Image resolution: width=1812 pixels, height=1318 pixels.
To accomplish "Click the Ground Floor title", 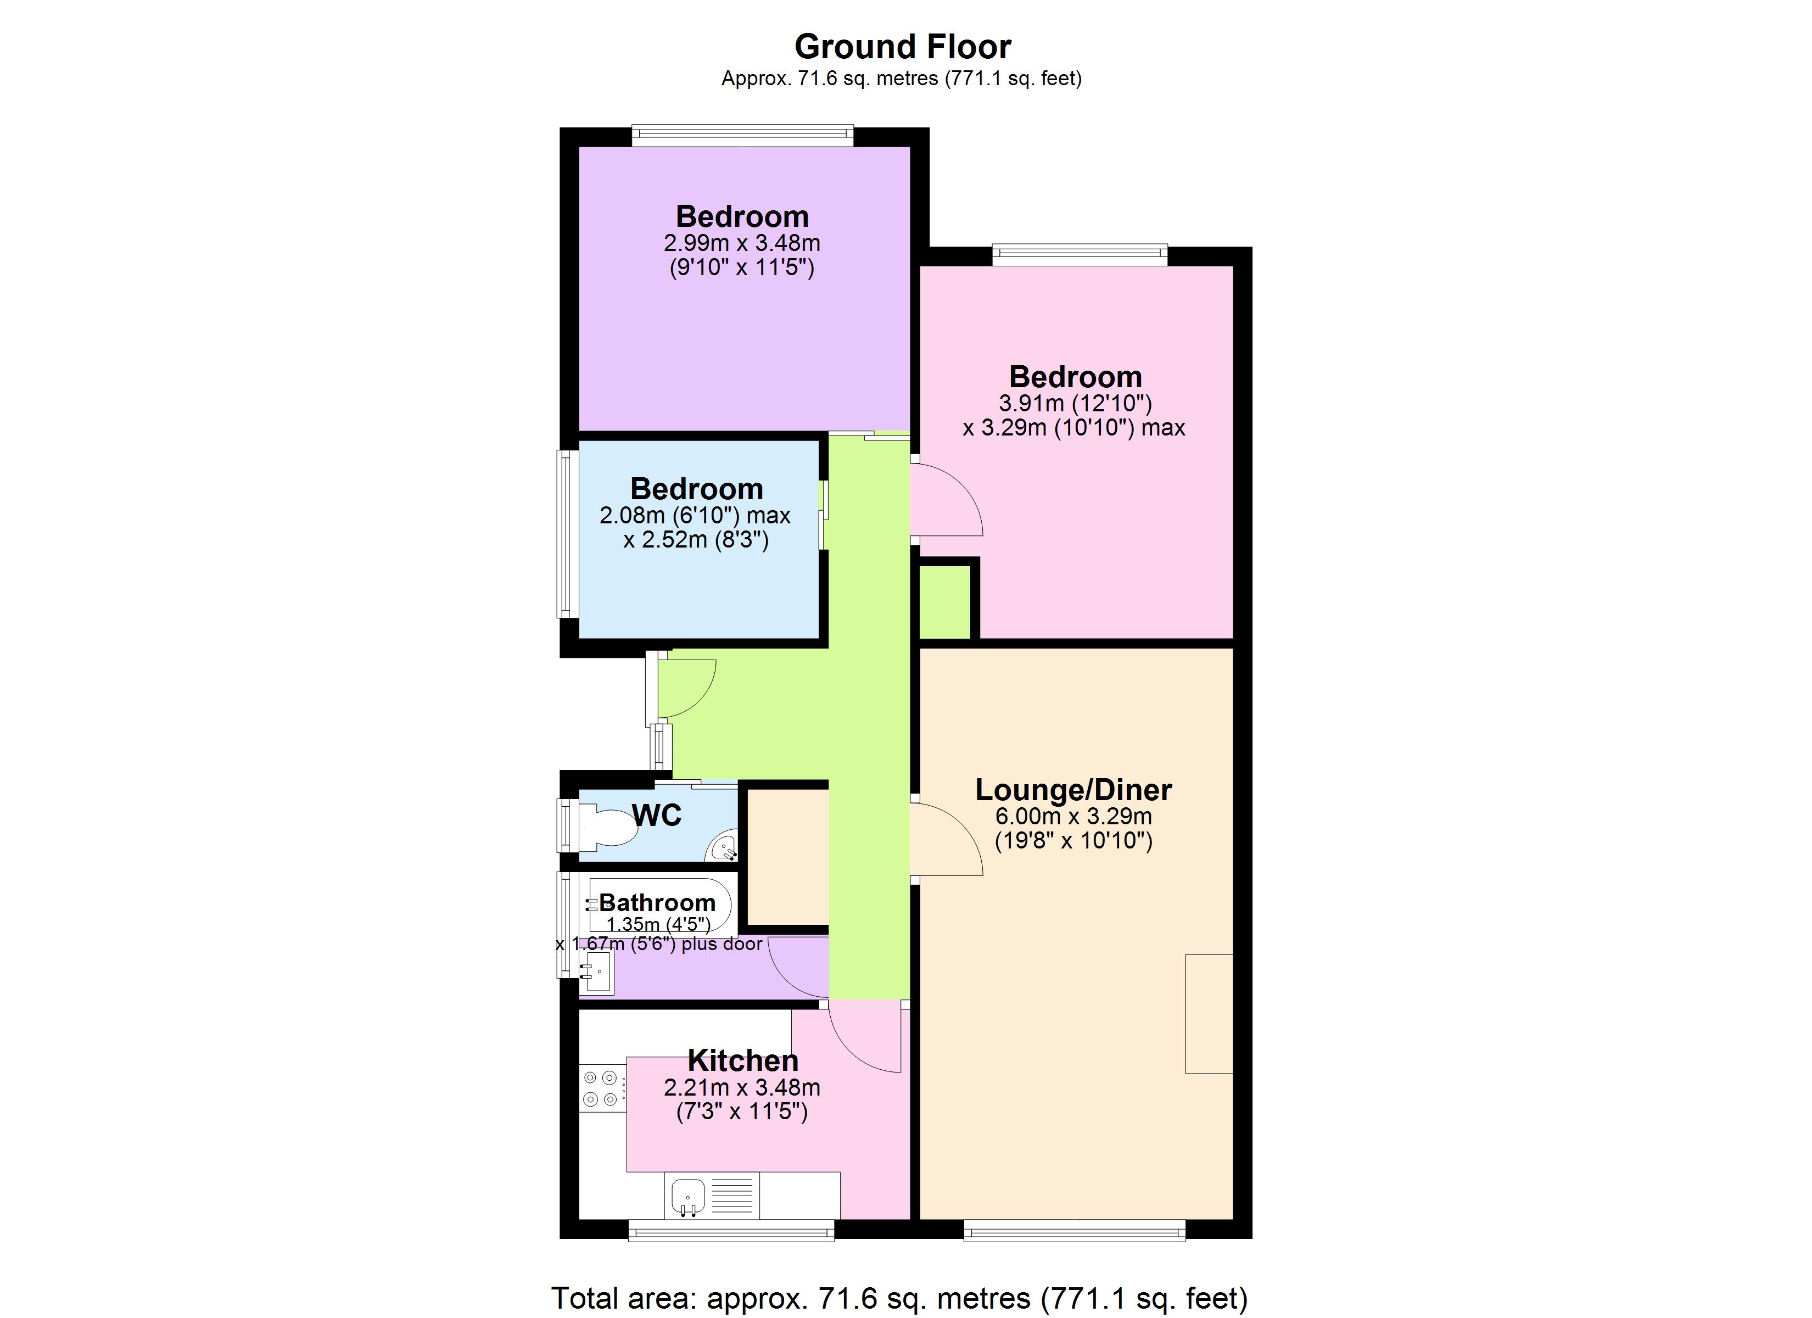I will coord(902,47).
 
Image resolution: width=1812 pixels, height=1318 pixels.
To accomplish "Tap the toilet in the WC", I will coord(611,828).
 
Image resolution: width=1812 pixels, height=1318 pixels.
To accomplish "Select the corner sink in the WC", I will coord(724,847).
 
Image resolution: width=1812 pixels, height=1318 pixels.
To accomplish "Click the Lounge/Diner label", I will coord(1073,790).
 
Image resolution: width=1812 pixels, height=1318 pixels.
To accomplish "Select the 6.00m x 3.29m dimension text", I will coord(1073,816).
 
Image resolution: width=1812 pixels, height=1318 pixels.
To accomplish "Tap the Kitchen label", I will coord(743,1060).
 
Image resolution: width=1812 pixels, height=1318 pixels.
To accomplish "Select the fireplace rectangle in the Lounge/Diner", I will coord(1209,1013).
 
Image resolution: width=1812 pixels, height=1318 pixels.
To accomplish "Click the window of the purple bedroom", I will coord(742,135).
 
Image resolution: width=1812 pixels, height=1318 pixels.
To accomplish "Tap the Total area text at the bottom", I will coord(899,1299).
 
